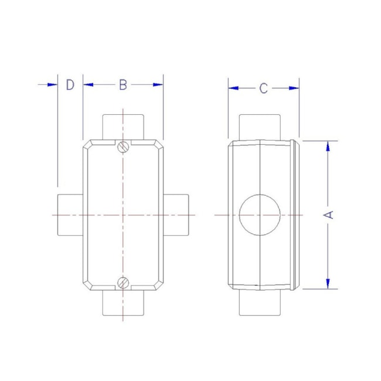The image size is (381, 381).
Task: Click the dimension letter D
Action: (70, 85)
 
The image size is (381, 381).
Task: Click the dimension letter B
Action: (123, 85)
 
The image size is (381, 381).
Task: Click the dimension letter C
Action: (264, 89)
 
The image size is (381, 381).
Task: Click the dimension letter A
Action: (329, 215)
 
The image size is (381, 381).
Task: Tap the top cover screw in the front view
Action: (123, 147)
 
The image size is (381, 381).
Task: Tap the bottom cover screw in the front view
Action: (123, 283)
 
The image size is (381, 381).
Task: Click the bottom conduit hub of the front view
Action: (123, 303)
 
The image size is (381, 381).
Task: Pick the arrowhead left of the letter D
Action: (53, 85)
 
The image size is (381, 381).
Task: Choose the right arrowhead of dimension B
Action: (158, 85)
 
